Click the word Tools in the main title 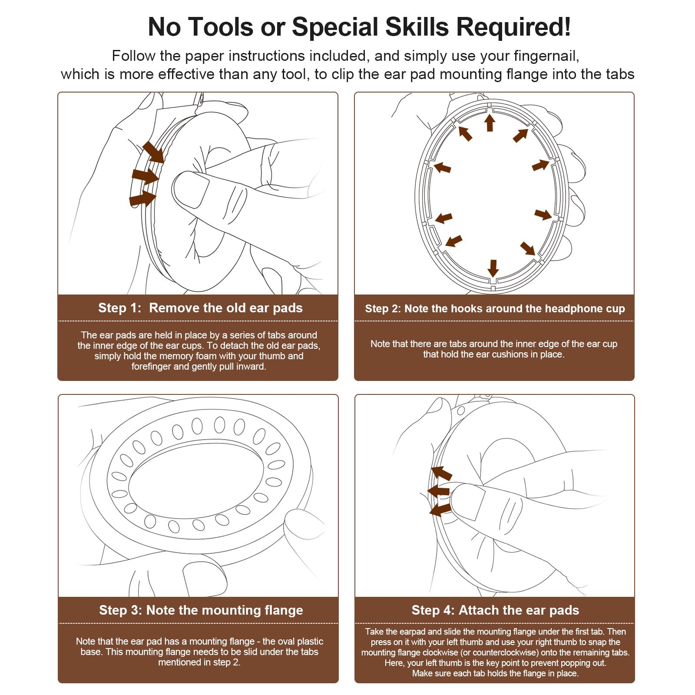click(x=221, y=27)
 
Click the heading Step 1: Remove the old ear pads click(x=200, y=308)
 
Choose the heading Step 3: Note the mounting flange click(x=201, y=610)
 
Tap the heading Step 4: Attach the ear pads click(x=495, y=610)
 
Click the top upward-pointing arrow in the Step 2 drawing click(x=490, y=122)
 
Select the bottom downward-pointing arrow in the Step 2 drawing click(x=493, y=268)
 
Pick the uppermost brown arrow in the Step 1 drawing click(x=153, y=152)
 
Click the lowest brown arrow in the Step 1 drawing click(x=142, y=199)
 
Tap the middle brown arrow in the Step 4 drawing click(x=438, y=491)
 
